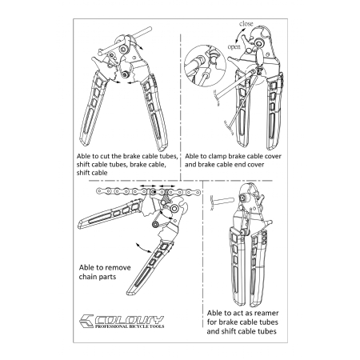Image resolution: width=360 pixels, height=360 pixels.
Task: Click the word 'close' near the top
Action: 246,24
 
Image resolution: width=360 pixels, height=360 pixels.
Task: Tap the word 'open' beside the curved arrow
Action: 234,47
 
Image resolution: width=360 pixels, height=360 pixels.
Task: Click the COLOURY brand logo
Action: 122,322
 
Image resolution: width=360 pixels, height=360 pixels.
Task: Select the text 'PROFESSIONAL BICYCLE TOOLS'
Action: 130,326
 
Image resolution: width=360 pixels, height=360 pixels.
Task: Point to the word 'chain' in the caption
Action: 87,277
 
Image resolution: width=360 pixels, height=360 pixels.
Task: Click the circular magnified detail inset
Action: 205,66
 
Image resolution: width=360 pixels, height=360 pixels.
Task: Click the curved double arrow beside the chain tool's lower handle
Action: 143,248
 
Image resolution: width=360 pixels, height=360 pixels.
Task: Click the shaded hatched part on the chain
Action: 165,197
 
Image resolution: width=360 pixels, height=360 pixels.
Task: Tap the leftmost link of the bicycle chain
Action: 99,191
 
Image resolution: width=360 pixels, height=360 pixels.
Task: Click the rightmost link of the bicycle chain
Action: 197,191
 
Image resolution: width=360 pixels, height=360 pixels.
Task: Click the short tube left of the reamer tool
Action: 222,201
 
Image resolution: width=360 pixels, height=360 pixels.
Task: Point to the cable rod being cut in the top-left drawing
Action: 125,41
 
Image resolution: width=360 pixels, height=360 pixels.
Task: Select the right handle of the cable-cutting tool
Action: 155,112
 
